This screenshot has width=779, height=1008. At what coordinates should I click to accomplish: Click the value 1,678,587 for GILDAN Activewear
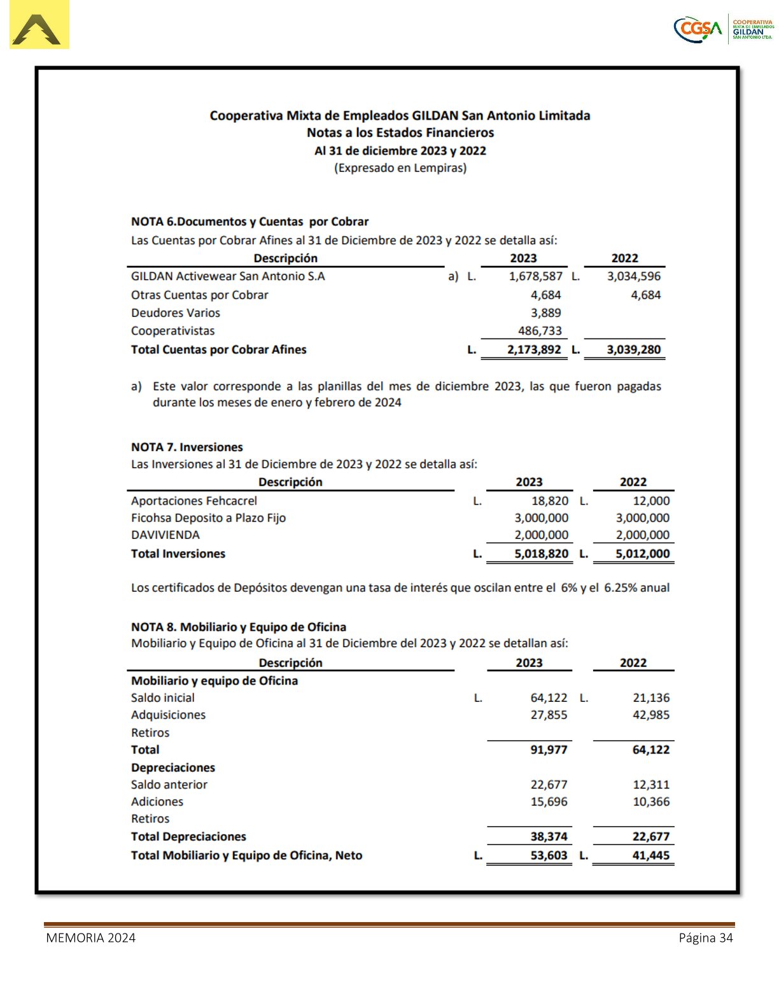coord(535,276)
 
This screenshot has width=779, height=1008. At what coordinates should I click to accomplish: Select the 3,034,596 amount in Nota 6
coord(633,276)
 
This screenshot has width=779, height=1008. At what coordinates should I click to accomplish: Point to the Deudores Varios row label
coord(176,313)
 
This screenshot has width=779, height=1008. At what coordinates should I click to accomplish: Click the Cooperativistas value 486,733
coord(539,331)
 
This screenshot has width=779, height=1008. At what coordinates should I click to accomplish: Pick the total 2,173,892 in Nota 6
coord(534,349)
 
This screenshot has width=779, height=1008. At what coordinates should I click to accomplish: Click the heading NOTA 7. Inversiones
coord(186,447)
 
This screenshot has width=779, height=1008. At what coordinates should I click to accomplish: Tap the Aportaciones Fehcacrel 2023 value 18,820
coord(550,501)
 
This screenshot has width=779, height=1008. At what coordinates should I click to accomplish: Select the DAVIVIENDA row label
coord(165,535)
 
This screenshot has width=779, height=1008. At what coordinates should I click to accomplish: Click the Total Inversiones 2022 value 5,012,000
coord(642,554)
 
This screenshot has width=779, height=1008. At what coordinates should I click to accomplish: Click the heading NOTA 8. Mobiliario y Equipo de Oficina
coord(239,627)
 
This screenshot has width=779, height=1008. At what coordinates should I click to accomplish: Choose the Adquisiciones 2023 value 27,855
coord(549,715)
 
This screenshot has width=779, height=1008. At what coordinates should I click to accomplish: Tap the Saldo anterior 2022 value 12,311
coord(651,785)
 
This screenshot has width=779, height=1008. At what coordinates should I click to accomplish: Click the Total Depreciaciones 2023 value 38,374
coord(549,837)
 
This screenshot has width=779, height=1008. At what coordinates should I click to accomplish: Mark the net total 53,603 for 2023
coord(549,855)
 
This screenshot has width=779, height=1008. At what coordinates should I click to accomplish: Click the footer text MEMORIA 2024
coord(90,938)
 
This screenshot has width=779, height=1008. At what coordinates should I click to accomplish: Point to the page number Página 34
coord(705,938)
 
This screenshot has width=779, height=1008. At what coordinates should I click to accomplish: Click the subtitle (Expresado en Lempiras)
coord(400,168)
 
